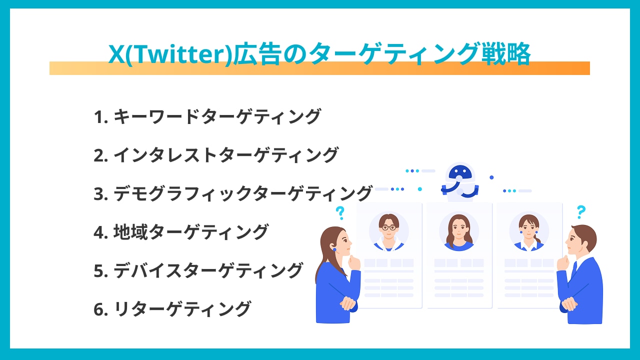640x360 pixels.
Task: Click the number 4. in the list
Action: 101,232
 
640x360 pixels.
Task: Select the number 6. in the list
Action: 101,309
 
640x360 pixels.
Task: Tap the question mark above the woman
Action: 340,213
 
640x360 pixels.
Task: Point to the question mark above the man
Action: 581,212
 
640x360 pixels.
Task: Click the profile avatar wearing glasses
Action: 389,231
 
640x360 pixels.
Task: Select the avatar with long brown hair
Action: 459,231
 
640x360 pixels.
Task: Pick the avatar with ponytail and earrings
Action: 529,231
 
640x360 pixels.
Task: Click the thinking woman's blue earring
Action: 334,249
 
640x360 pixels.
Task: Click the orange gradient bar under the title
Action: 319,68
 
